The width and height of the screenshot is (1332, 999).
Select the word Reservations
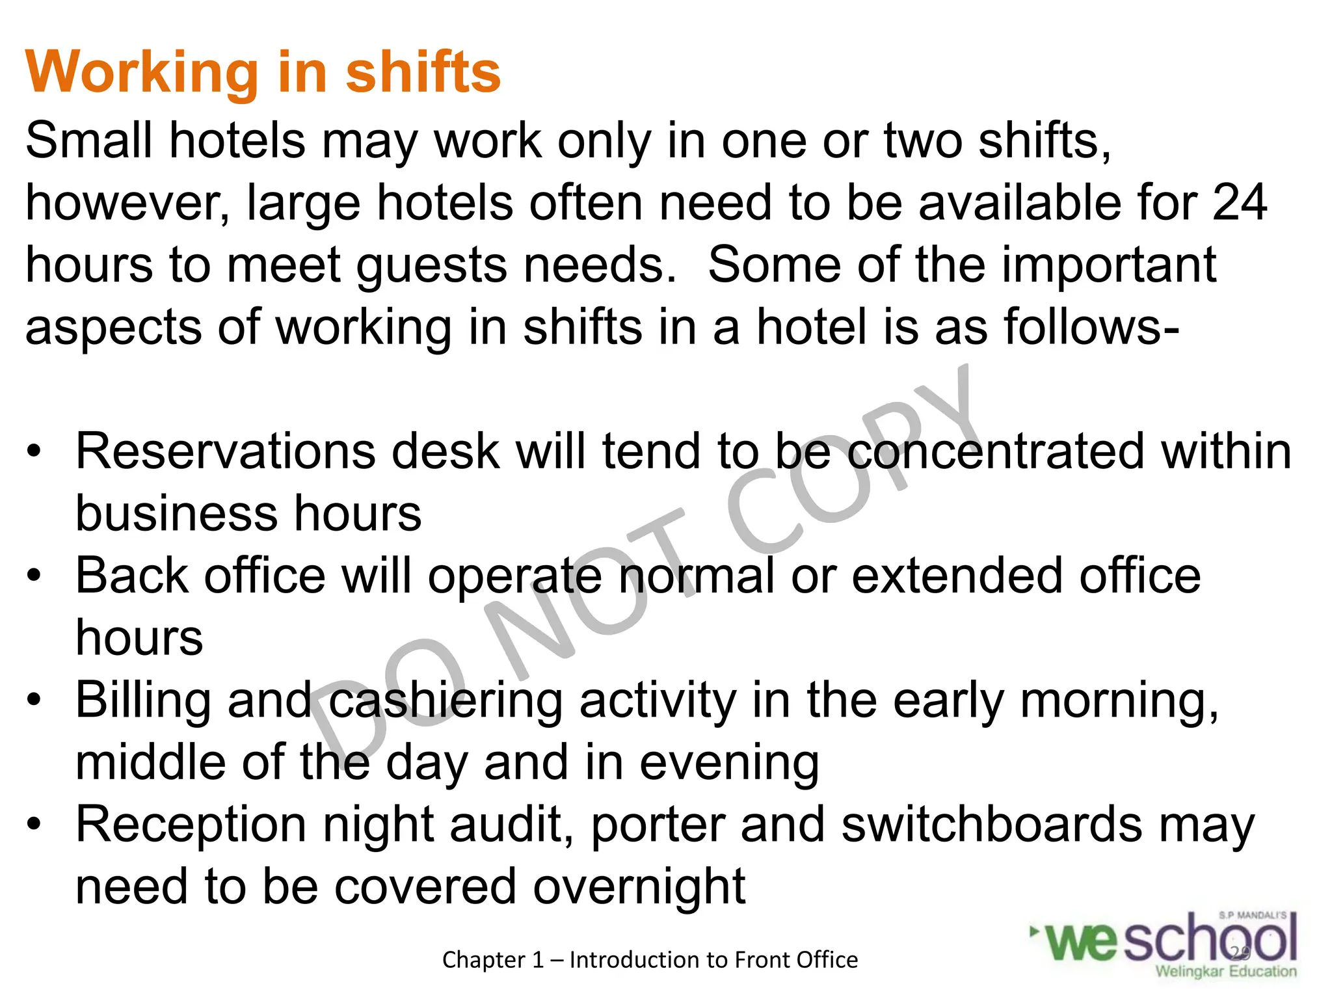[225, 452]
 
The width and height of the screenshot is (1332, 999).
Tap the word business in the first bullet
[178, 514]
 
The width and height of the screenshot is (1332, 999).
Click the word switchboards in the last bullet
[991, 825]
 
